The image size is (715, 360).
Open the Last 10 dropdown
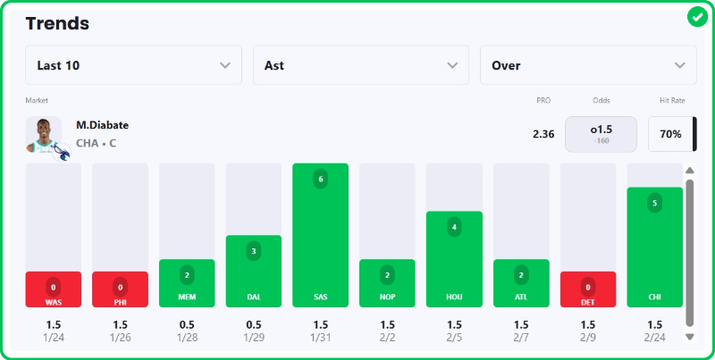133,65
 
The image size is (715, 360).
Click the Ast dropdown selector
360,65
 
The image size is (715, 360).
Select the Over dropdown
588,65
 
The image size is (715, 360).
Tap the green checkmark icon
697,17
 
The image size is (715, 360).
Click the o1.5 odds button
601,134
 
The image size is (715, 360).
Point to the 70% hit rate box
670,134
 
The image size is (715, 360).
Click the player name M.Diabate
102,125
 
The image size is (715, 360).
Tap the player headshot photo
44,135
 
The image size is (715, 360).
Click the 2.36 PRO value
543,134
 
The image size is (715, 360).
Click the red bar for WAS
54,289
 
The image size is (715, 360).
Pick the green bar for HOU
454,259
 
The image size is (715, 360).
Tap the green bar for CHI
654,247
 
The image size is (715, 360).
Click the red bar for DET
587,289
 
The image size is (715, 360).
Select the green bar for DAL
253,271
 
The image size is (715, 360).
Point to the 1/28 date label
187,337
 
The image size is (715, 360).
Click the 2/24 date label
654,337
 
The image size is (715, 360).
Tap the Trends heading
57,23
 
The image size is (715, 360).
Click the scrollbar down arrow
689,336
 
